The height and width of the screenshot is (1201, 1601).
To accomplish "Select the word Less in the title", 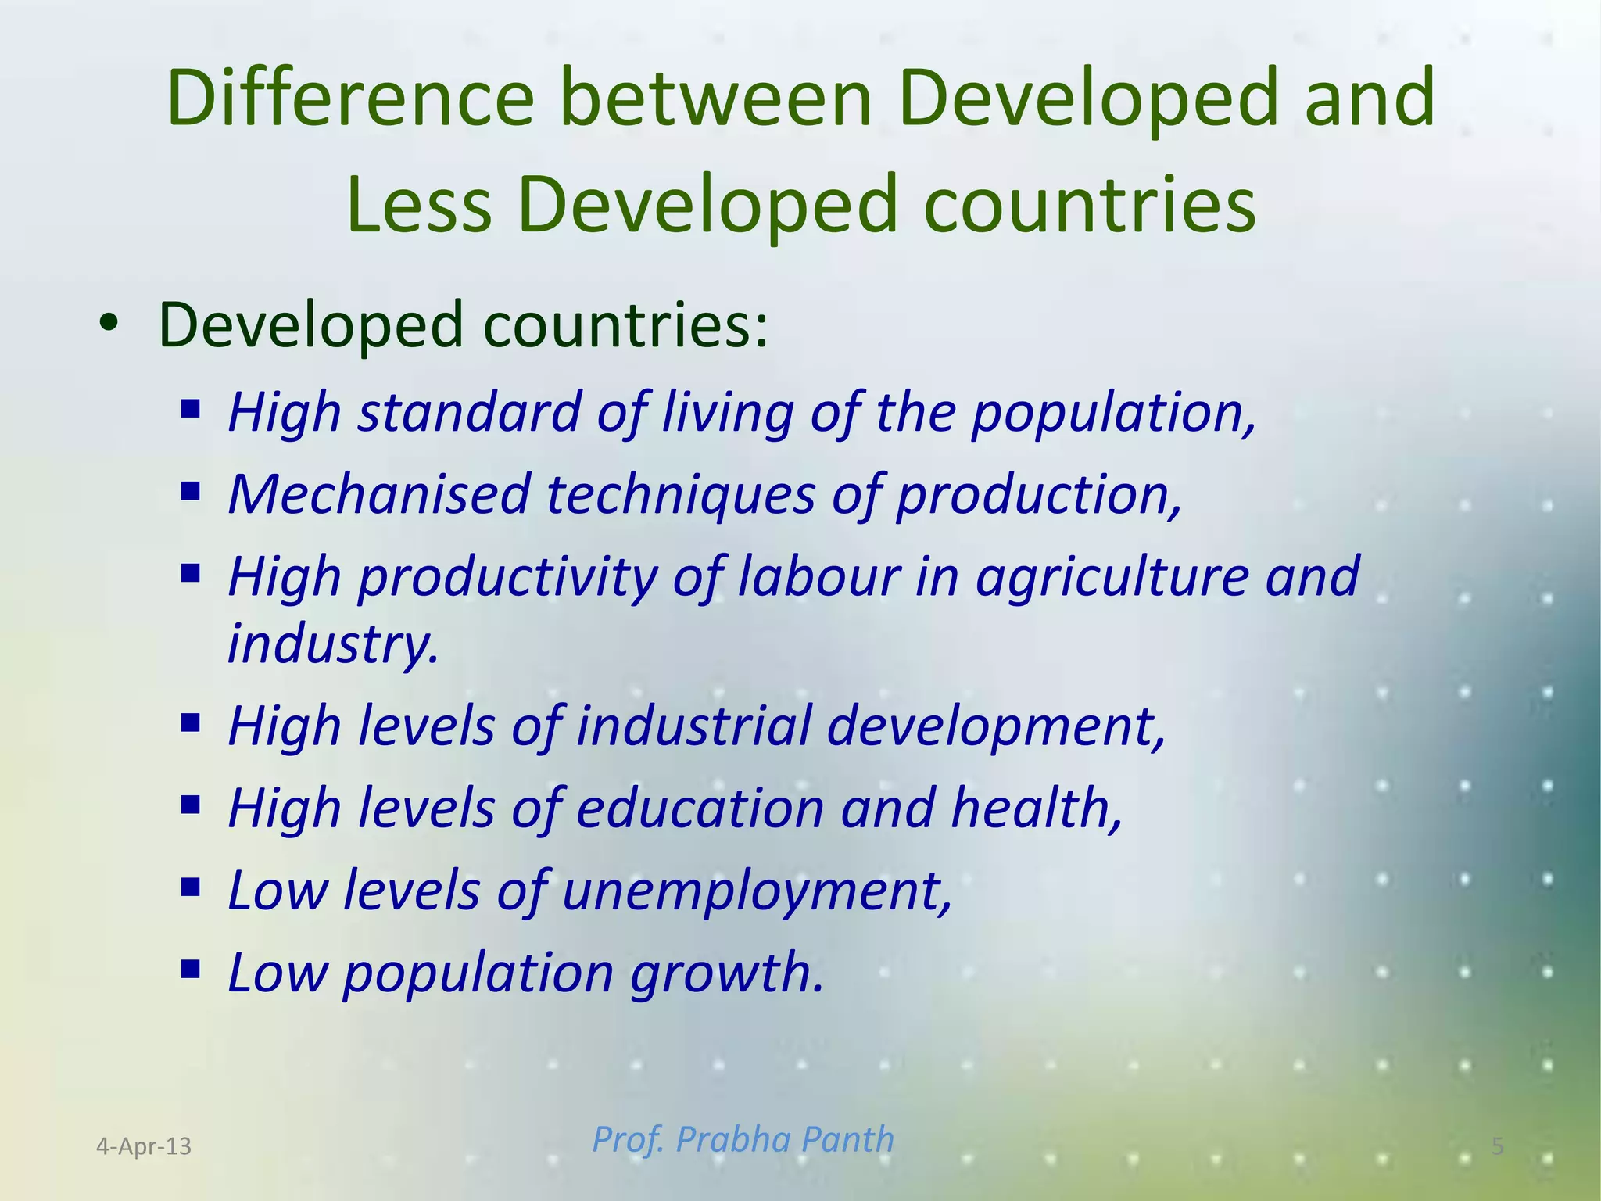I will tap(419, 205).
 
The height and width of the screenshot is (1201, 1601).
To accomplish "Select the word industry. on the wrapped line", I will tap(332, 644).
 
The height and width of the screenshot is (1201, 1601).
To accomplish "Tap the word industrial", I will tap(693, 726).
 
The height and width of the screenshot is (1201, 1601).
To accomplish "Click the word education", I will tap(700, 808).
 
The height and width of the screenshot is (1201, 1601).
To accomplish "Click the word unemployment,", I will tap(757, 891).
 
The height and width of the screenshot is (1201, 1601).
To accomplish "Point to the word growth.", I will tap(727, 973).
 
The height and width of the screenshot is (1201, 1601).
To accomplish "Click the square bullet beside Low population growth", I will tap(190, 970).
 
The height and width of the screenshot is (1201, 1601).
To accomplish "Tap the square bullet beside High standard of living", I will tap(190, 409).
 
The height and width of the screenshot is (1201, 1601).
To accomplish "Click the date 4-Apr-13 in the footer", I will tap(144, 1146).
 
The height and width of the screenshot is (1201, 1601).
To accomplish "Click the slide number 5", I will tap(1497, 1146).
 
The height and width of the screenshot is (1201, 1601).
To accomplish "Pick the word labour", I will tap(818, 576).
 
